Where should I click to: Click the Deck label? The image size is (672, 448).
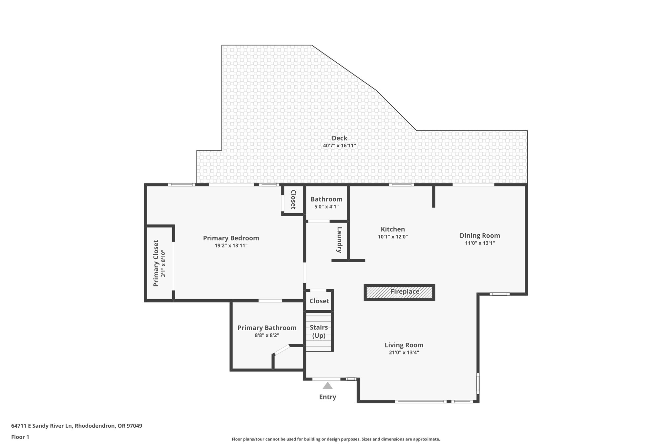click(339, 138)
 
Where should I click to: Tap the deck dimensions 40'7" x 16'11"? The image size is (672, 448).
click(339, 146)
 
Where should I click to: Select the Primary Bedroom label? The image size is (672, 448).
click(231, 238)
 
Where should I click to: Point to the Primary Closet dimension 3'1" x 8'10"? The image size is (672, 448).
click(163, 263)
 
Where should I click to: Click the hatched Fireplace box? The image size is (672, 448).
click(399, 292)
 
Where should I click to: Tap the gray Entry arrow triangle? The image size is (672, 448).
click(327, 386)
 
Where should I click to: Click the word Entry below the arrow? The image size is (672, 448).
click(327, 397)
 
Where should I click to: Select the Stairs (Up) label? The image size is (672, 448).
click(319, 331)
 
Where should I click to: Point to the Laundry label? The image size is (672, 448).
click(339, 240)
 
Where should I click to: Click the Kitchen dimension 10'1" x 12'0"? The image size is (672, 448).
click(393, 237)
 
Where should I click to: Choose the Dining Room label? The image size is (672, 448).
click(480, 236)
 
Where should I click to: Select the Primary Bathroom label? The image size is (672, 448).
click(267, 328)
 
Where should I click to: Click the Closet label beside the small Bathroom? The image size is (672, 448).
click(293, 200)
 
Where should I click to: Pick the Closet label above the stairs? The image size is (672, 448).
click(319, 301)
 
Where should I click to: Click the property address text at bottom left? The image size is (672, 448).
click(76, 426)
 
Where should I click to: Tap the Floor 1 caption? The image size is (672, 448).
click(20, 437)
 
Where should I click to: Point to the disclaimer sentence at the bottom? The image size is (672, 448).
click(336, 439)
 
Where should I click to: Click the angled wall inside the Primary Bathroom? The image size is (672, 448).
click(281, 350)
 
